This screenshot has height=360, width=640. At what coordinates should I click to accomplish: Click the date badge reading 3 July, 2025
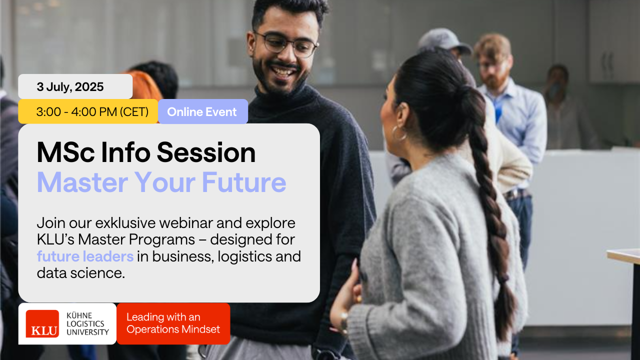[x=75, y=86]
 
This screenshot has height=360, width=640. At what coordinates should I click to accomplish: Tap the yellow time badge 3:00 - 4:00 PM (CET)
[x=88, y=111]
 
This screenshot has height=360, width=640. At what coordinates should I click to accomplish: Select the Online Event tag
[x=203, y=111]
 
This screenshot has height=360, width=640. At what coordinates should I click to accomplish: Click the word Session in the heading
[x=206, y=152]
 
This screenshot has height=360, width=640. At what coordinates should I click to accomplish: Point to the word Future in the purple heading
[x=243, y=182]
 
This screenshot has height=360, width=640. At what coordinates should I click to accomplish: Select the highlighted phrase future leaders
[x=85, y=256]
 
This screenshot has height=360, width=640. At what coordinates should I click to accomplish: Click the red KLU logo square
[x=42, y=323]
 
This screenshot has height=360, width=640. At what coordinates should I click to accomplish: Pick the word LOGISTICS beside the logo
[x=85, y=323]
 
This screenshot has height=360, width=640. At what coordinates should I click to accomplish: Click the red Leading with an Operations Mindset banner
[x=173, y=323]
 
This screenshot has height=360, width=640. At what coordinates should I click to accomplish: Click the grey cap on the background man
[x=444, y=40]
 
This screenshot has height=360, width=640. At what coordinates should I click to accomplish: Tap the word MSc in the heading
[x=65, y=152]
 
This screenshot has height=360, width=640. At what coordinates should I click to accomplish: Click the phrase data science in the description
[x=81, y=273]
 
